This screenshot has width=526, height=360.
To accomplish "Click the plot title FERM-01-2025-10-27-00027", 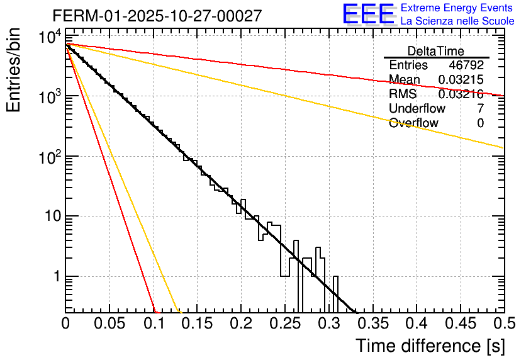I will [157, 16].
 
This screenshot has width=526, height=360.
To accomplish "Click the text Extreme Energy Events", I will [457, 8].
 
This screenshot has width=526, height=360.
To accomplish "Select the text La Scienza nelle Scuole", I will [457, 21].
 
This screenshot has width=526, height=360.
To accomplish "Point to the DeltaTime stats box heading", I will [436, 51].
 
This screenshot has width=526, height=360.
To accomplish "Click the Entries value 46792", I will [466, 65].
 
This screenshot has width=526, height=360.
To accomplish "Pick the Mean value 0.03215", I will [461, 80].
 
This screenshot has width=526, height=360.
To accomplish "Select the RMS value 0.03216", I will [461, 94].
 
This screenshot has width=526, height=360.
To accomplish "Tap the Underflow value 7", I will [480, 109].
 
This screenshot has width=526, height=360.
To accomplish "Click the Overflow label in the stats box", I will [413, 123].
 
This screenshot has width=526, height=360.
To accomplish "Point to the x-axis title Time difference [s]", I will [429, 346].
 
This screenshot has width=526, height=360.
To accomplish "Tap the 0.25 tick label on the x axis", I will [285, 324].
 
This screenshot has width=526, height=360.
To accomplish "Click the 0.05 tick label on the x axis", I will [109, 324].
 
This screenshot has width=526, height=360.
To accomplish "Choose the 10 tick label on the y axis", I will [50, 217].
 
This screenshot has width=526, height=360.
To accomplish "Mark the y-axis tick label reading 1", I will [56, 276].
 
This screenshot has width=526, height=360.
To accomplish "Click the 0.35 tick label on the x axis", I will [372, 324].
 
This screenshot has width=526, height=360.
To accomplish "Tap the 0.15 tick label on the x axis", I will [197, 324].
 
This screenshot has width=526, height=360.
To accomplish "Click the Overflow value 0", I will [480, 123].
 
